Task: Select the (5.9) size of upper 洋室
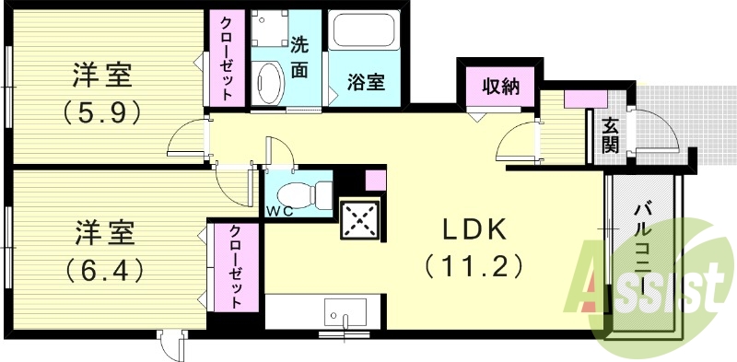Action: click(102, 111)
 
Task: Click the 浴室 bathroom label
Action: click(366, 82)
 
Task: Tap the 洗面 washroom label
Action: click(301, 55)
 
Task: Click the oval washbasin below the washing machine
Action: click(270, 83)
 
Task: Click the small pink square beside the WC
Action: click(375, 180)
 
